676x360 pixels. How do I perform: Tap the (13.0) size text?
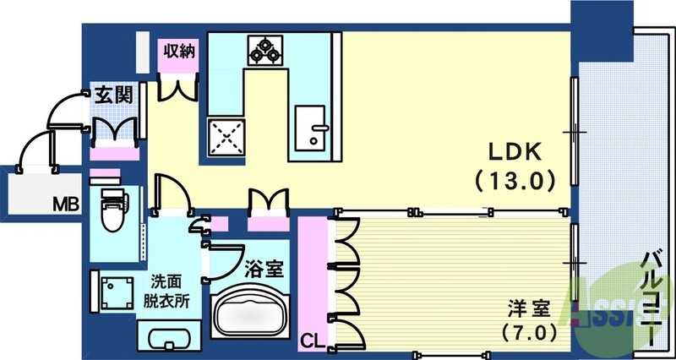click(x=515, y=179)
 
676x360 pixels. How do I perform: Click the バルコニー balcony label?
click(x=650, y=296)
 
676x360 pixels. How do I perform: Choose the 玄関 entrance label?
click(x=113, y=95)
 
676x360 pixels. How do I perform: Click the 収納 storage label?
click(x=179, y=51)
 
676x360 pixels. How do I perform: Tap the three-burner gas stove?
click(x=264, y=50)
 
